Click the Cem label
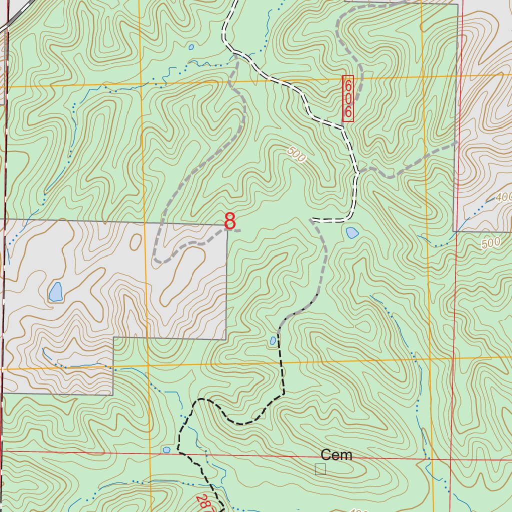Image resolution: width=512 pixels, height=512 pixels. [x=336, y=455]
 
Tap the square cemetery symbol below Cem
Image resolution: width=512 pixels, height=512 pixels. [x=320, y=469]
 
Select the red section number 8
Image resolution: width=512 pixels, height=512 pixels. [x=229, y=221]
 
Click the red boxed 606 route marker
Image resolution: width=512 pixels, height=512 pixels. [x=348, y=98]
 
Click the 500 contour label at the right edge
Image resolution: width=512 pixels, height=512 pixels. [x=490, y=243]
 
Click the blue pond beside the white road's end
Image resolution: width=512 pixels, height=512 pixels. [x=352, y=232]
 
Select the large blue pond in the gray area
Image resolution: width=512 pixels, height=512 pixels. [x=55, y=291]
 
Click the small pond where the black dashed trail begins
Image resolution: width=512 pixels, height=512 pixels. [x=273, y=340]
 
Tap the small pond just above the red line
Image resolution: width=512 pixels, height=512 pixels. [x=166, y=450]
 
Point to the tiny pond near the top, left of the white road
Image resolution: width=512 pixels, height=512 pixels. [x=191, y=47]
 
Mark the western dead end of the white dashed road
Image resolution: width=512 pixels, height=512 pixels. [x=312, y=219]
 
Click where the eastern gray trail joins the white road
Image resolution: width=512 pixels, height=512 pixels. [x=358, y=172]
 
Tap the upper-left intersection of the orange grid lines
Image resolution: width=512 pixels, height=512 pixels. [x=140, y=83]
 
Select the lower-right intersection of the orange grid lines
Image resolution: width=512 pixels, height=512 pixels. [x=429, y=359]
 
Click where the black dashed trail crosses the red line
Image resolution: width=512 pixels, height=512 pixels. [x=179, y=452]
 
